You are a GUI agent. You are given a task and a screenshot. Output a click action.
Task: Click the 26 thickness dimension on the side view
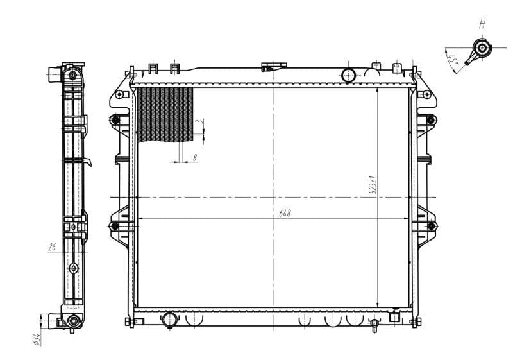(x=51, y=245)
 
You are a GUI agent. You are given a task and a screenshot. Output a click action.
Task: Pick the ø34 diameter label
(x=37, y=338)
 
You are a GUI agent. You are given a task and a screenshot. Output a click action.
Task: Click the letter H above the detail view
(x=482, y=25)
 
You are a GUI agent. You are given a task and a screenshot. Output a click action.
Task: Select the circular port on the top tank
(x=349, y=74)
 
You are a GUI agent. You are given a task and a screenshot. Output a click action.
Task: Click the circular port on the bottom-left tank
(x=170, y=318)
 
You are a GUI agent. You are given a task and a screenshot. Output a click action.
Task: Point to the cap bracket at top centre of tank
(x=274, y=65)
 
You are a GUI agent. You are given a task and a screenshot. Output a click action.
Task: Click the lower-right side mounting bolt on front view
(x=431, y=226)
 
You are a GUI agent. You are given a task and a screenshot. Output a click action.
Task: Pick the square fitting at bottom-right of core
(x=394, y=315)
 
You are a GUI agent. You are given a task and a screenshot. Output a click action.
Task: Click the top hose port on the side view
(x=72, y=76)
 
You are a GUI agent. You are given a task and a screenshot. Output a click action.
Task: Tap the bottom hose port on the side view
(x=72, y=320)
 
